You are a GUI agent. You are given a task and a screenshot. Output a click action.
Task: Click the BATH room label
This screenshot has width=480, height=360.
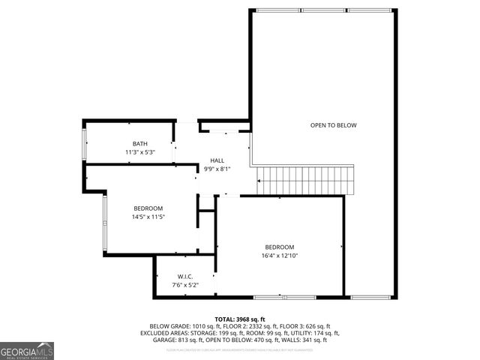coord(140,144)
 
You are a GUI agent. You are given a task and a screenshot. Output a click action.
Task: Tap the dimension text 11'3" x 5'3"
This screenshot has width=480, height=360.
coord(140,152)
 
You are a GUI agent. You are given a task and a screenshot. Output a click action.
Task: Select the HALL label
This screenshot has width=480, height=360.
coord(217,160)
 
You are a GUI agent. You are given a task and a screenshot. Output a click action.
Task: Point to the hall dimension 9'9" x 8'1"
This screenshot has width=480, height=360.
coord(217,169)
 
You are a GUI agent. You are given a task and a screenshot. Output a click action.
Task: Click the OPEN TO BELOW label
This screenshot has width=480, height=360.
coord(334,125)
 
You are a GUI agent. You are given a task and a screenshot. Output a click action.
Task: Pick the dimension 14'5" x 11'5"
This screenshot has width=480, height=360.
coord(148,217)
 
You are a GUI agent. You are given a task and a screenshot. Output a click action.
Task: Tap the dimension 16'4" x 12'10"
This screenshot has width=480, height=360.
coord(279,256)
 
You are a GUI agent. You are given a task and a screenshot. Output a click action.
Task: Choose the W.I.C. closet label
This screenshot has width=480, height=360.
coord(185,277)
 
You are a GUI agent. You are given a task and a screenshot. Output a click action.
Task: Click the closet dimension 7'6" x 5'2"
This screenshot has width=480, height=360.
coord(185,285)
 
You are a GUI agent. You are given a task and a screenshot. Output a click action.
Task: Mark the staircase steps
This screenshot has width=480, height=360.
coord(304,181)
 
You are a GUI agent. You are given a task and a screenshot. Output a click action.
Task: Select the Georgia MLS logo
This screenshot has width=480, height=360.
coord(27,350)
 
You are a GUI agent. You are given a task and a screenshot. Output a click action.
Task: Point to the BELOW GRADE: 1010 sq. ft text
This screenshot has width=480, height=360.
coord(175,327)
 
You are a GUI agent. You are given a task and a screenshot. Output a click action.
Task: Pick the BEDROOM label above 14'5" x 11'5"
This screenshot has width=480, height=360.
coord(148,208)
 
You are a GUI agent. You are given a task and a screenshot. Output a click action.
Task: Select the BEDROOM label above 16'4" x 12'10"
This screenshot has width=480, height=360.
coord(279,247)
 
